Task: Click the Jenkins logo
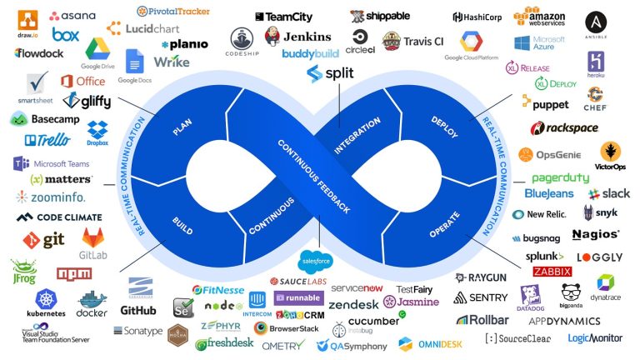[297, 37]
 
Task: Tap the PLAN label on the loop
[182, 129]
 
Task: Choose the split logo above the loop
[330, 73]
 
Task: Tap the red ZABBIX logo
[552, 272]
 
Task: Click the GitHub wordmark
[138, 310]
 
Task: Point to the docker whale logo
[92, 302]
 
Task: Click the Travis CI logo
[412, 41]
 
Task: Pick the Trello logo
[42, 140]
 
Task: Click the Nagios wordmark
[596, 235]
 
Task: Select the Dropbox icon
[97, 132]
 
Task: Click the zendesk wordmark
[354, 304]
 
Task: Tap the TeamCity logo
[283, 16]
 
